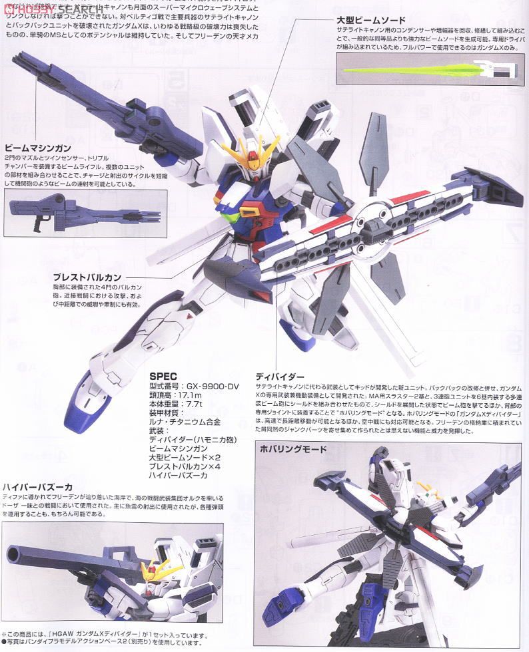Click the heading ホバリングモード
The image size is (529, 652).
pos(294,449)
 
